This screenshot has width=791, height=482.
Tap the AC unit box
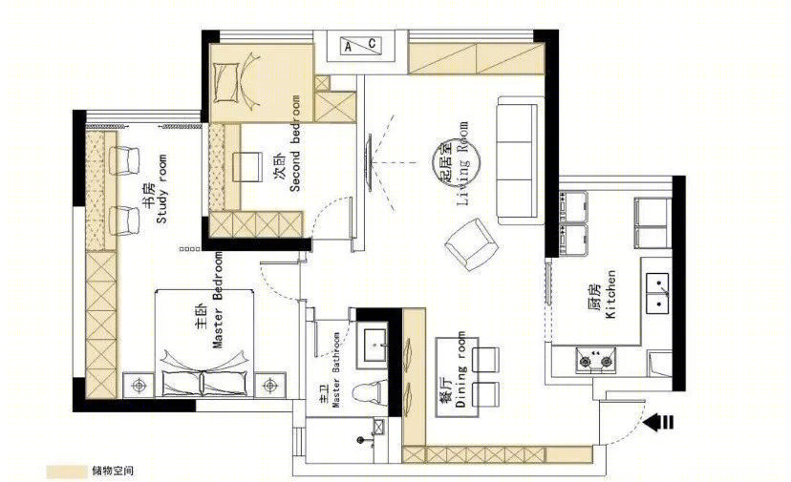[x=360, y=46]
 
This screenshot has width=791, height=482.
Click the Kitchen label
[x=604, y=294]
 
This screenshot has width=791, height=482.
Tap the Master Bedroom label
[x=210, y=300]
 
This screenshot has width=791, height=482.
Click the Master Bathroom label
[x=330, y=369]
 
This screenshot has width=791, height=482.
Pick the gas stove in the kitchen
[x=595, y=360]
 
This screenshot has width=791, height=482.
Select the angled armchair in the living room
[x=471, y=243]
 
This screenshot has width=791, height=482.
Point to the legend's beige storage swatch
[x=67, y=472]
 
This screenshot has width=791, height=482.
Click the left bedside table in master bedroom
[x=139, y=386]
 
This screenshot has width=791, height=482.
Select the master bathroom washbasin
[x=373, y=345]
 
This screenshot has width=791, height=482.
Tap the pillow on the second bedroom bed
[x=226, y=82]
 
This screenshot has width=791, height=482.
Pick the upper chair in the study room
[x=124, y=160]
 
